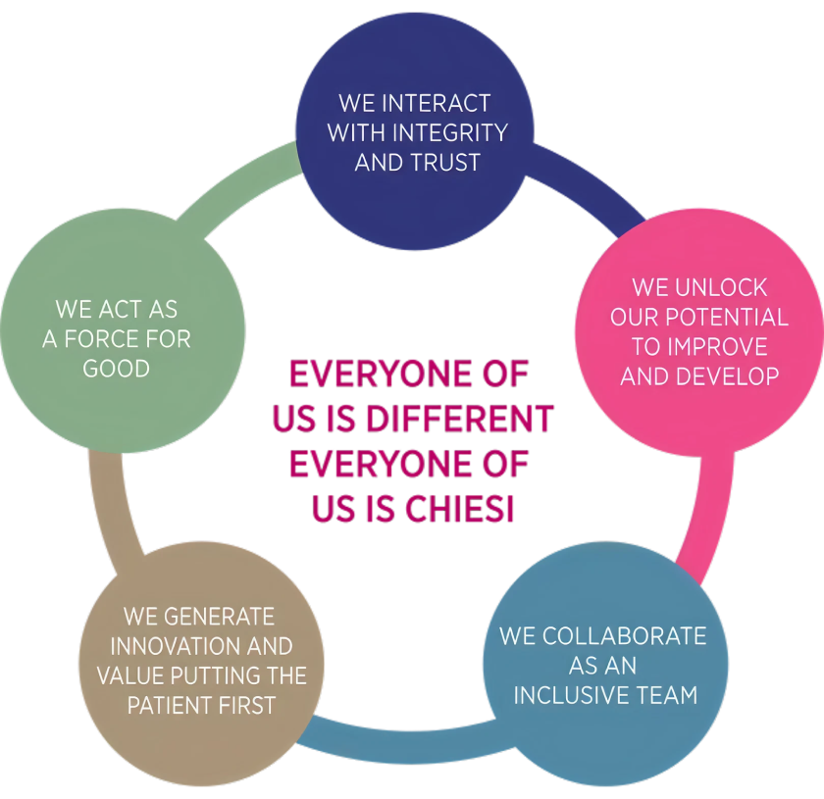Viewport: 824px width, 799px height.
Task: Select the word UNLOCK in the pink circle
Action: (x=722, y=288)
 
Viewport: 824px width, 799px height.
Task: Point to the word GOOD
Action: (x=116, y=369)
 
